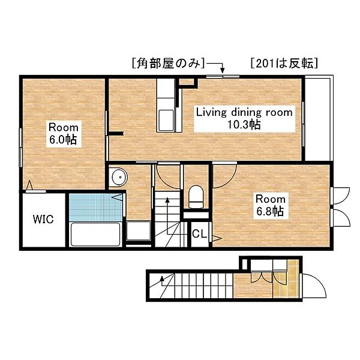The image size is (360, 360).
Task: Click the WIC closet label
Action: pos(43,219)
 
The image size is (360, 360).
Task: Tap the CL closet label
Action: pos(200,234)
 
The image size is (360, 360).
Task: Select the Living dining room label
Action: pos(244,113)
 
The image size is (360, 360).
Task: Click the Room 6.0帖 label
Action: pos(64,133)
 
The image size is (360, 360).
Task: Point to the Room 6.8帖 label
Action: pos(271,205)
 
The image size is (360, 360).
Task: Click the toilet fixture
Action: pos(196,197)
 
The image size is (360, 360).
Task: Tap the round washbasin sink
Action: pos(119,177)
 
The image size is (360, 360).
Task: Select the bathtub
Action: pos(95,234)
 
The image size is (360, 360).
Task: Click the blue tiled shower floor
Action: pos(95,208)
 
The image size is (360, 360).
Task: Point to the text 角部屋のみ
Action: pos(168,63)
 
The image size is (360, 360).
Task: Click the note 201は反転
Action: pos(284,63)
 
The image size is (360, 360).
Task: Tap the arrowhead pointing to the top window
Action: pos(222,70)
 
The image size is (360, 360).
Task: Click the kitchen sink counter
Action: pos(166,106)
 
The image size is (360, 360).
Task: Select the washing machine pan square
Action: pos(139,231)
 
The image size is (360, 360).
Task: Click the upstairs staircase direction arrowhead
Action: pos(167,200)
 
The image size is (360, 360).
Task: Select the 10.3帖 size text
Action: pos(244,125)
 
